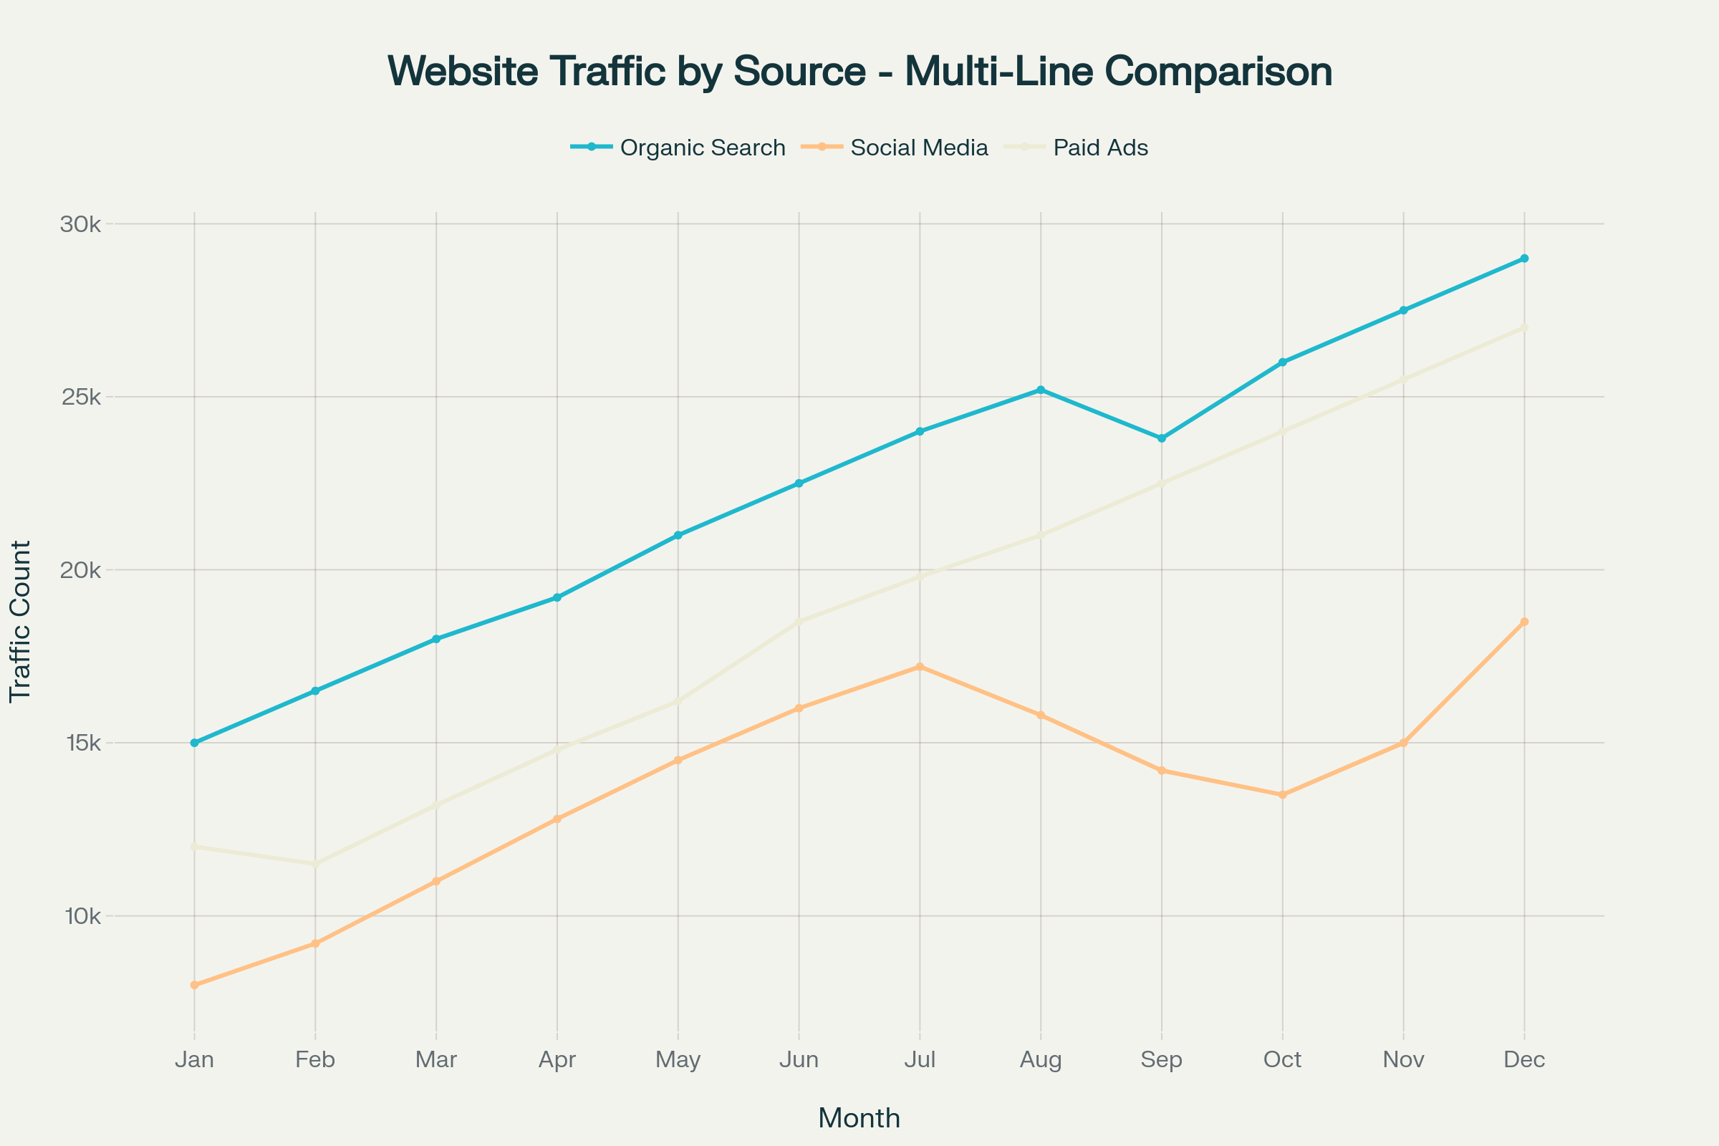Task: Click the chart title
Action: pos(860,72)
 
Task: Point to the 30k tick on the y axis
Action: pos(80,224)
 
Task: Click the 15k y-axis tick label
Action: pos(80,743)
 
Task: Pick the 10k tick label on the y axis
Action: pos(80,916)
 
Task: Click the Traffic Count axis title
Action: pos(21,622)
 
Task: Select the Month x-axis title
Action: pos(859,1118)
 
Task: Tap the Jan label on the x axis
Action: pos(194,1060)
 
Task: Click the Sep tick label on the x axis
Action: pos(1161,1060)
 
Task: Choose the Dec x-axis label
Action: pos(1525,1060)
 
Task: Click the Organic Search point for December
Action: pos(1525,259)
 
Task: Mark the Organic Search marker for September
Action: pos(1161,438)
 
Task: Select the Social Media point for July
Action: pos(920,667)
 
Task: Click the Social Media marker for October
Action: pos(1283,794)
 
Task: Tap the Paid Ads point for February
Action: pos(315,864)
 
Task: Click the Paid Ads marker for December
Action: pos(1525,327)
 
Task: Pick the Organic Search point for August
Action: pos(1041,390)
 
